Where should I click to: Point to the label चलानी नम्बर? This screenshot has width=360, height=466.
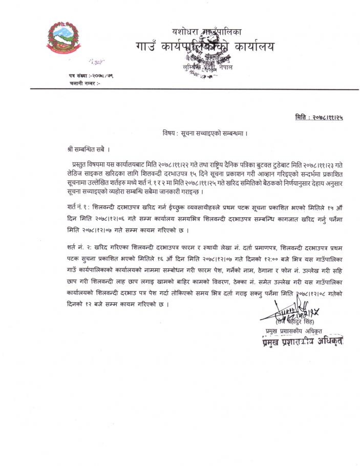click(81, 82)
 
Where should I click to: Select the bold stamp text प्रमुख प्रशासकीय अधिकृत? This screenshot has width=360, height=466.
click(300, 340)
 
